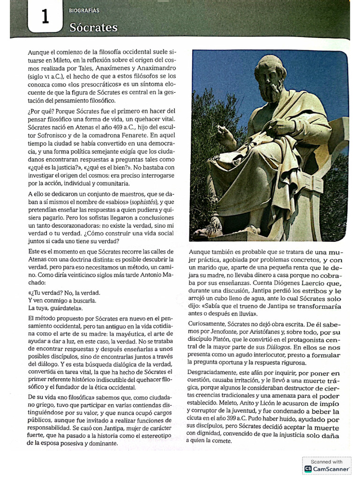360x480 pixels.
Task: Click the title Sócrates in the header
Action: click(x=93, y=28)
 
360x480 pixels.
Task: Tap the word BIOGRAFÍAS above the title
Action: click(x=84, y=10)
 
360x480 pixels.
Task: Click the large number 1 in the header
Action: click(x=45, y=17)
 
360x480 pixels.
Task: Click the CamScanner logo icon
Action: click(x=308, y=468)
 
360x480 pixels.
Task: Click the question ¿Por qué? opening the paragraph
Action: click(x=39, y=111)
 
